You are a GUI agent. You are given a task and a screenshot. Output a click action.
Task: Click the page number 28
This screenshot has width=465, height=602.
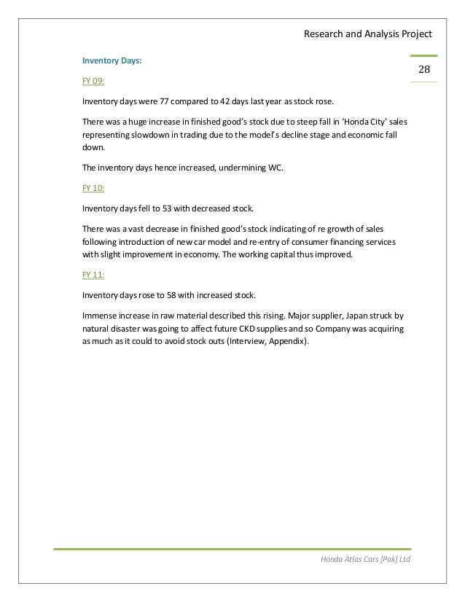[423, 69]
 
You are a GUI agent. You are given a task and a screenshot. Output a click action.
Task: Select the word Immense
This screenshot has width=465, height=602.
[100, 316]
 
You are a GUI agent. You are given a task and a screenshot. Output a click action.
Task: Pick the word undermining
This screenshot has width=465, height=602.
[232, 167]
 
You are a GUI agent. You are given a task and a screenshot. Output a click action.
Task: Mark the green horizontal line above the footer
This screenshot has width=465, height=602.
[232, 548]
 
